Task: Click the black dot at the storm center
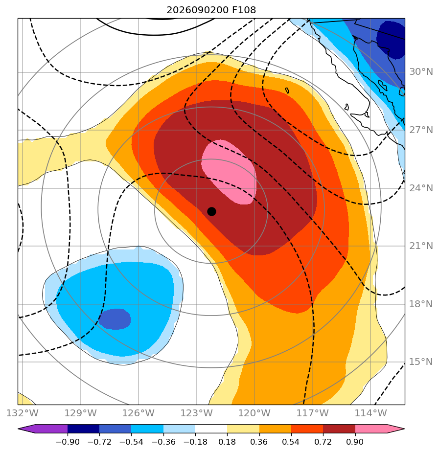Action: click(x=211, y=212)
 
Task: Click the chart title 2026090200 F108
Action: click(x=211, y=10)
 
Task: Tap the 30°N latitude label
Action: click(x=421, y=72)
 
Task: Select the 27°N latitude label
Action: click(x=421, y=130)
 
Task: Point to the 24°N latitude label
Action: click(x=421, y=188)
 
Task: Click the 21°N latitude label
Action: click(x=421, y=246)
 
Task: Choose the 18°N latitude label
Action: click(x=421, y=304)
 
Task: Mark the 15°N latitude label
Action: click(x=421, y=362)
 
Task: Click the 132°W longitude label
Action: click(x=23, y=413)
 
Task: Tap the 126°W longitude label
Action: click(x=139, y=413)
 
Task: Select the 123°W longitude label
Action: click(x=197, y=413)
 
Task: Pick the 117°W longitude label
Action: click(x=313, y=413)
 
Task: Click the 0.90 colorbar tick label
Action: click(x=355, y=442)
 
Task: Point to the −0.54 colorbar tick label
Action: click(x=131, y=442)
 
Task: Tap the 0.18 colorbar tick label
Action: click(x=227, y=442)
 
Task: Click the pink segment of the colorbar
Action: click(x=370, y=429)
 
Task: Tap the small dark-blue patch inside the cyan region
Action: click(x=115, y=319)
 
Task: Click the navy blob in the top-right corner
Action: click(x=392, y=40)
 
